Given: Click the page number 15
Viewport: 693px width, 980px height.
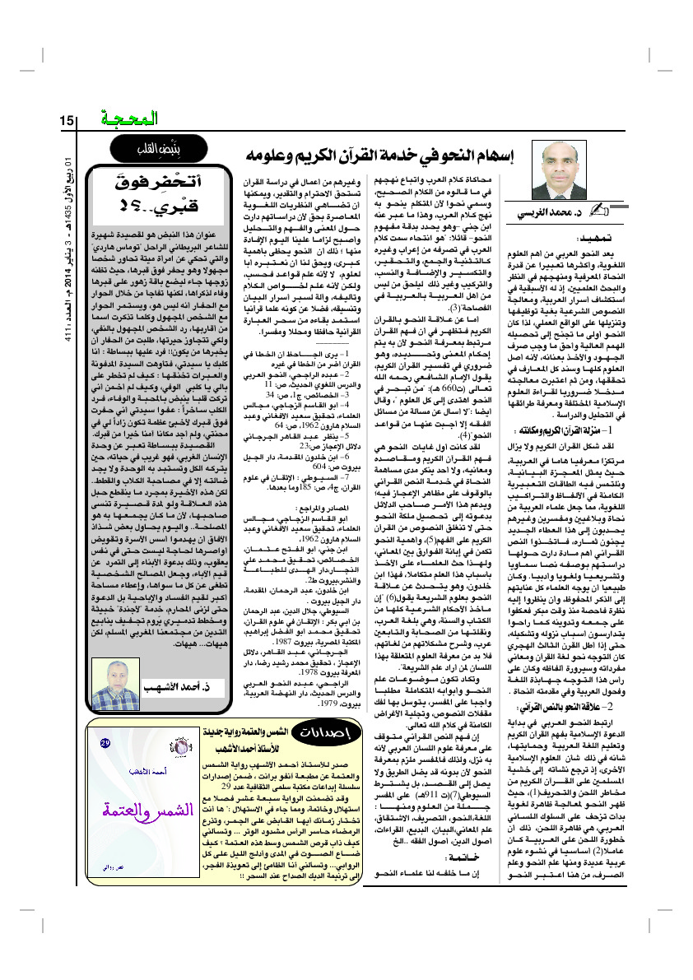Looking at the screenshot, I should (x=67, y=121).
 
